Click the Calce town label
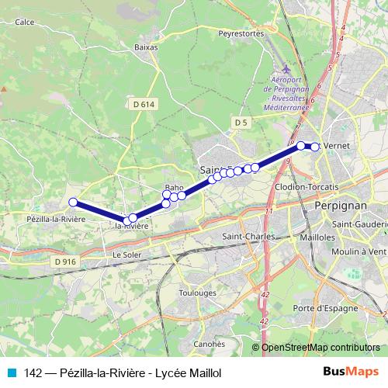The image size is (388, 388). point(24,22)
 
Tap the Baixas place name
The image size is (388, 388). point(146,47)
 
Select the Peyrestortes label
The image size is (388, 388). point(242,34)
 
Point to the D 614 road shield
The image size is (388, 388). point(143,103)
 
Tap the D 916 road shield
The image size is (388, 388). point(65,262)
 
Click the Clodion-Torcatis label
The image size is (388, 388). point(307,188)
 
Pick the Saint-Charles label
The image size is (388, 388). point(244,237)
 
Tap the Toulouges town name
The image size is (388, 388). point(197,293)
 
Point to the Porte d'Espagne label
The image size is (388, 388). point(326,309)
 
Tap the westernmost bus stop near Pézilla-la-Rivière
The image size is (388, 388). point(73,203)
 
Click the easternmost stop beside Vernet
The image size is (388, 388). point(314,147)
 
